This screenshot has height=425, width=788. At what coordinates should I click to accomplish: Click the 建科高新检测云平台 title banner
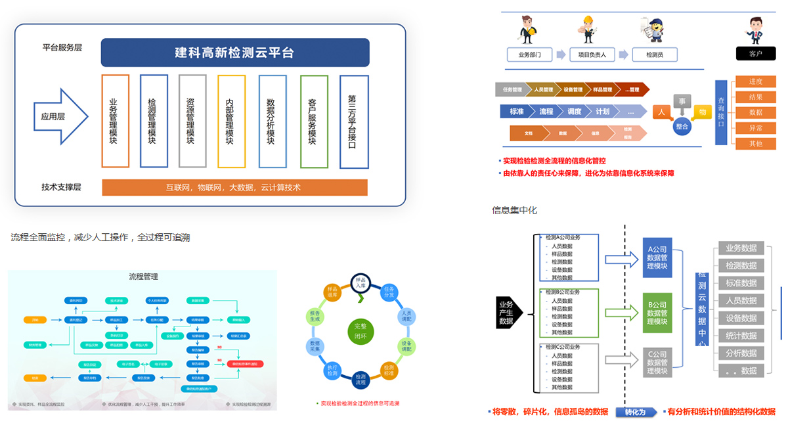coord(234,53)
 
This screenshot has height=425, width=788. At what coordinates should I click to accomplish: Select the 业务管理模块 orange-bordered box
coord(115,121)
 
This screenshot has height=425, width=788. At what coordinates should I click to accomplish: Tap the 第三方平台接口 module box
coord(353,121)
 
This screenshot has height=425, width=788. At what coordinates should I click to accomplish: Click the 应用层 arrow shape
coord(60,116)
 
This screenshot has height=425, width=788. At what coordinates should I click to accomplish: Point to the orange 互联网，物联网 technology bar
coord(234,187)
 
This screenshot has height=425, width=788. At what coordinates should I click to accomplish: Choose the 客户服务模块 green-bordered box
coord(313,121)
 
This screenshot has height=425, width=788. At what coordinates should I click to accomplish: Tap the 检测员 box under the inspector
coord(654,55)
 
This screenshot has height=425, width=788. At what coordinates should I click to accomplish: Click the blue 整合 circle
coord(682,126)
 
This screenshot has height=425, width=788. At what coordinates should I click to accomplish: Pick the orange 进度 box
coord(755,81)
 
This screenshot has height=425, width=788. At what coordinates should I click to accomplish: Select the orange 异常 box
coord(755,128)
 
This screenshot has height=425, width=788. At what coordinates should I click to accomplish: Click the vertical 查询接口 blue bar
coord(721,112)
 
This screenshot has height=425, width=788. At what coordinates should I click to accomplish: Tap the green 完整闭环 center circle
coord(361,331)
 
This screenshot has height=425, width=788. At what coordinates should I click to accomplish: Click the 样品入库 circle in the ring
coord(361,283)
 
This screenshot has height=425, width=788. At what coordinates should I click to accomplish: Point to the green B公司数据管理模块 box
coord(657,313)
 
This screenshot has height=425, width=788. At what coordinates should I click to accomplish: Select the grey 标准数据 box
coord(741,283)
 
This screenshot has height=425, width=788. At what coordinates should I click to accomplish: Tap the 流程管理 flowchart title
coord(143,277)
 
